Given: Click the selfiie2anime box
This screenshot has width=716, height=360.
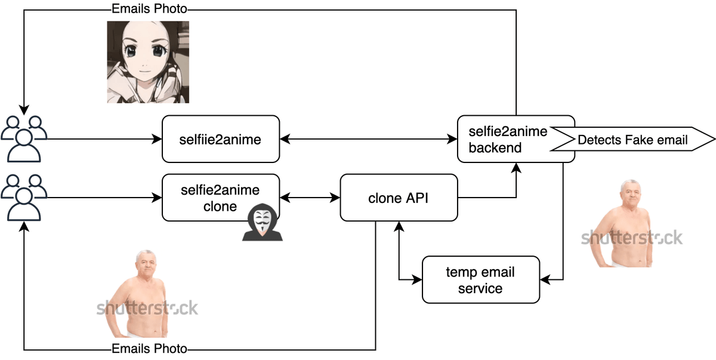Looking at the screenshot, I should (x=221, y=139).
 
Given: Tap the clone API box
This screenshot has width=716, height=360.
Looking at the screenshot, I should (x=398, y=198).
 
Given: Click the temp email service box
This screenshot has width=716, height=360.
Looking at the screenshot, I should (x=480, y=279).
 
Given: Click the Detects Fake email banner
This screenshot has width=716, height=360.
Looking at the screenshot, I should (x=632, y=140).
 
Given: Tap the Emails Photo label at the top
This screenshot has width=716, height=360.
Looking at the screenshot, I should (x=149, y=9).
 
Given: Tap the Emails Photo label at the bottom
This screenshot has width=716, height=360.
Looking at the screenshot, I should (x=149, y=349).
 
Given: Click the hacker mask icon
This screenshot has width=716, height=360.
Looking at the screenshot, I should (x=262, y=222).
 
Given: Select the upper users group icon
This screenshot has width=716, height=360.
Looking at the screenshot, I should (x=24, y=139).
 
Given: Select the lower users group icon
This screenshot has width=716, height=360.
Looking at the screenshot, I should (x=24, y=198).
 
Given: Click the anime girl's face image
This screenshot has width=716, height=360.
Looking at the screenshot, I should (x=149, y=61).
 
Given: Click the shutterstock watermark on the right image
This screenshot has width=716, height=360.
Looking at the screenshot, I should (x=632, y=238).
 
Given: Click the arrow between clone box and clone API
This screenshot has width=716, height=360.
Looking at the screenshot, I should (x=310, y=198).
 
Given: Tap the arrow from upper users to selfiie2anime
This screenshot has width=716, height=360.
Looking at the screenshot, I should (x=101, y=139).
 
